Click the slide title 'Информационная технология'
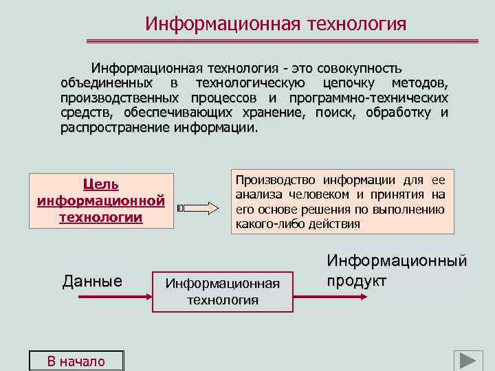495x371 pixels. (x=276, y=24)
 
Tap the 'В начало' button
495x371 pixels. (x=76, y=361)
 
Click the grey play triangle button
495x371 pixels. (x=467, y=361)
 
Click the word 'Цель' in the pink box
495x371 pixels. (x=100, y=184)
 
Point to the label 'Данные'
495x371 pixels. (x=92, y=281)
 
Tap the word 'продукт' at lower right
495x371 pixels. (x=356, y=281)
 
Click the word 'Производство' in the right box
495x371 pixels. (x=271, y=181)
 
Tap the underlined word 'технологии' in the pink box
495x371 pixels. (x=100, y=217)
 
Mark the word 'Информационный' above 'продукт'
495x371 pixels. (x=396, y=261)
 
